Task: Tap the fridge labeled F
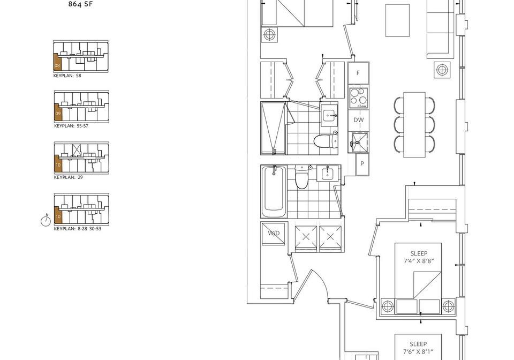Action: [x=358, y=73]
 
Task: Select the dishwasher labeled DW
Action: [x=358, y=120]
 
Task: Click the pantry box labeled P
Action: [x=362, y=164]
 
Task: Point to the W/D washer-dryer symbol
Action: [x=274, y=233]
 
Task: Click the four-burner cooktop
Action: [x=358, y=97]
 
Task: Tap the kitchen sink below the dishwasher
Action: [x=360, y=142]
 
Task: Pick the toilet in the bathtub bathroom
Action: [x=301, y=177]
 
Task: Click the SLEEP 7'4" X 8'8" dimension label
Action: [x=419, y=257]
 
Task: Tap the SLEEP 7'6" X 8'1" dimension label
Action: [x=418, y=348]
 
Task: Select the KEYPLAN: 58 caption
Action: [x=67, y=76]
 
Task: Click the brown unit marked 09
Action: [x=58, y=112]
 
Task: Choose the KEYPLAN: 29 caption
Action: [x=68, y=177]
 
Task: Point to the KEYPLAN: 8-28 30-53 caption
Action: [x=78, y=229]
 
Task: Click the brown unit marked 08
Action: [x=57, y=62]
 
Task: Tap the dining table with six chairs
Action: [x=414, y=125]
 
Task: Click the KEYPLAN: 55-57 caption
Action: [x=71, y=125]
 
